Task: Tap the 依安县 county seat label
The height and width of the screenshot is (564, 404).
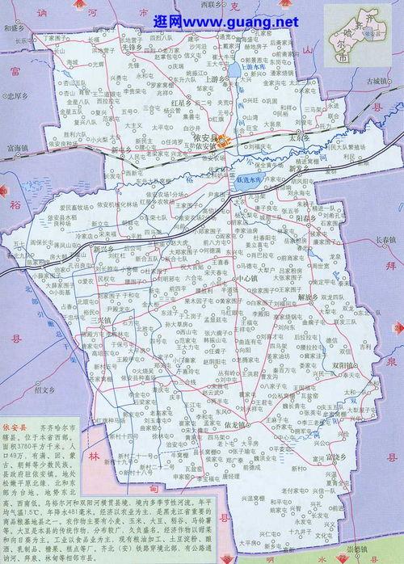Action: (x=208, y=138)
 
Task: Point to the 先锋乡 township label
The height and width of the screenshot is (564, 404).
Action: (x=131, y=46)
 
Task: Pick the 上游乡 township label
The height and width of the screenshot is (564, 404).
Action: (x=217, y=80)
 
